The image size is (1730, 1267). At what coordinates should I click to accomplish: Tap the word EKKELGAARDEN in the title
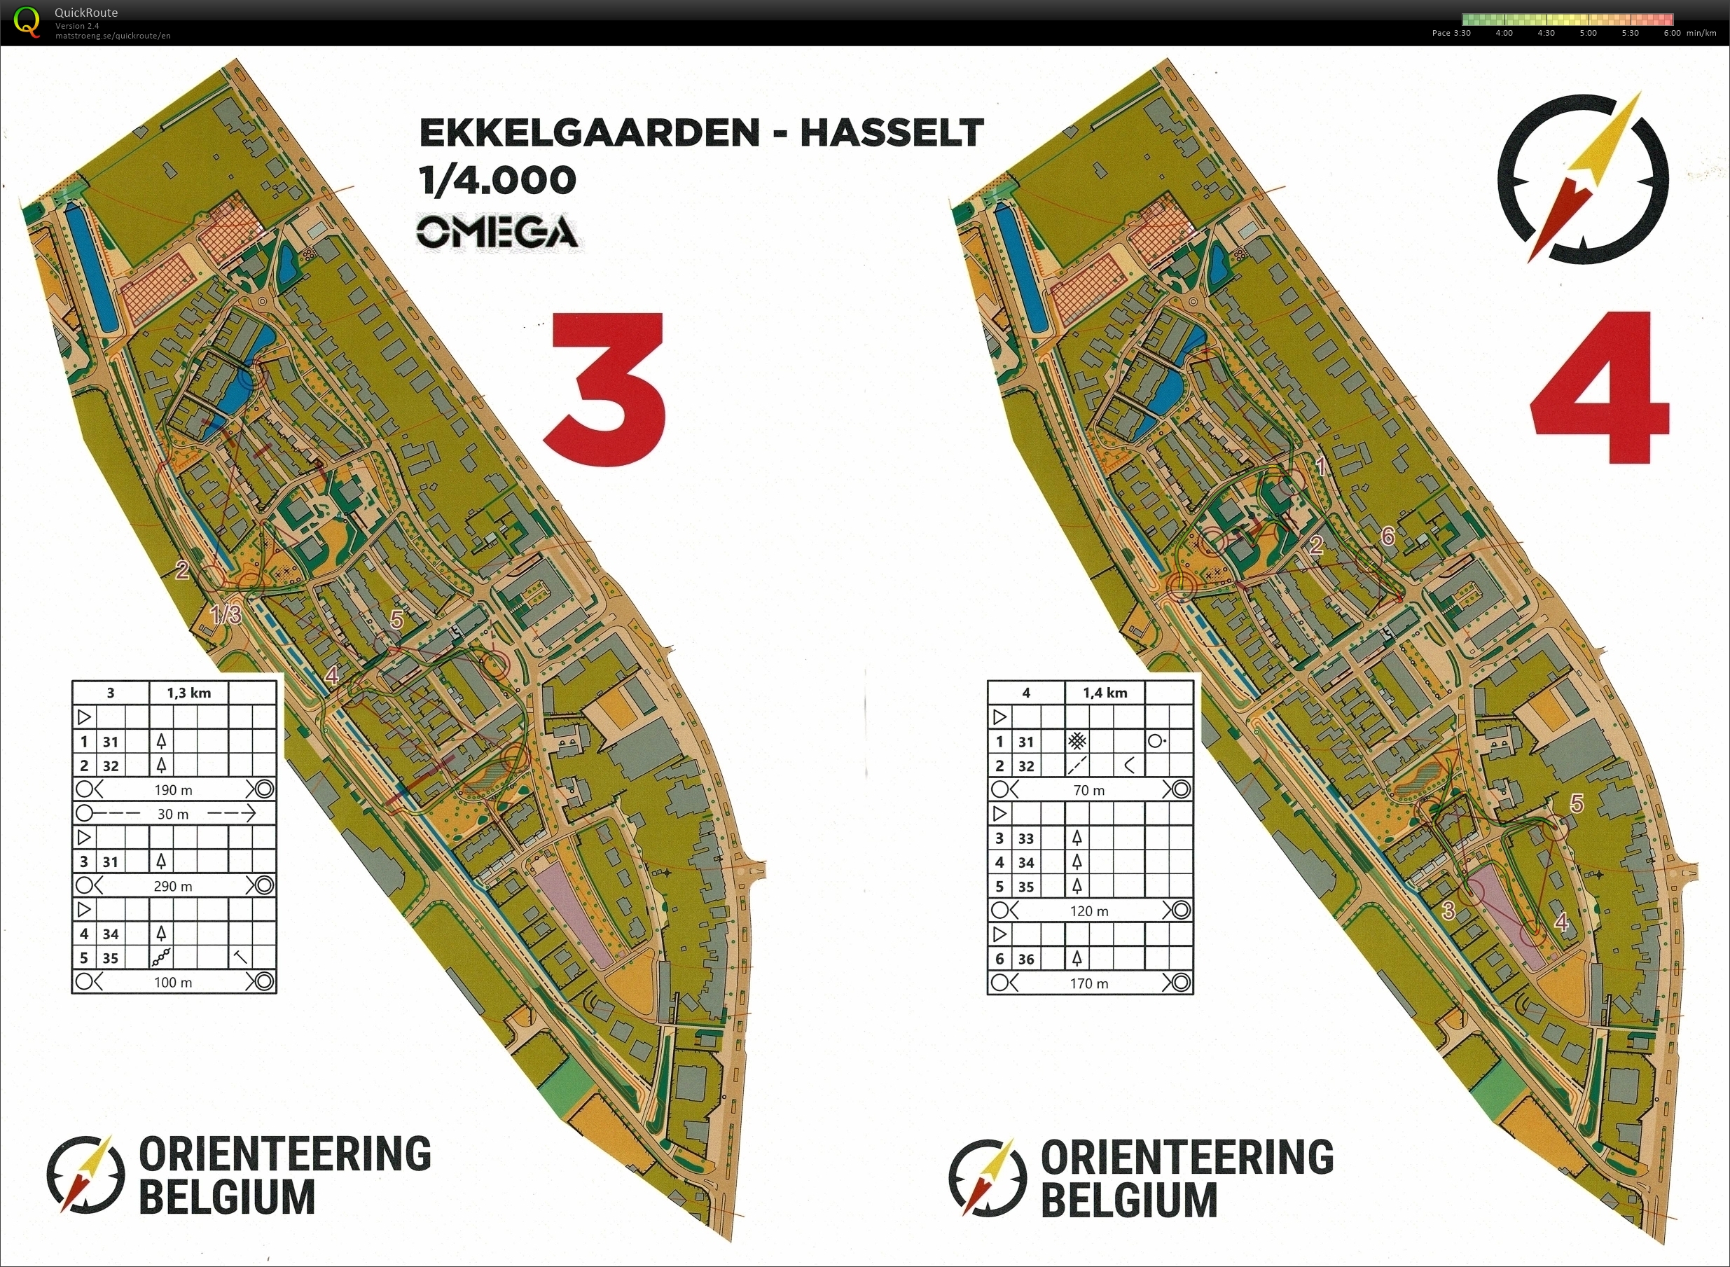pyautogui.click(x=589, y=134)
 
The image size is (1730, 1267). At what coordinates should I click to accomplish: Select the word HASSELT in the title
pyautogui.click(x=891, y=134)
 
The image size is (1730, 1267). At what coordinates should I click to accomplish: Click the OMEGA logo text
pyautogui.click(x=497, y=233)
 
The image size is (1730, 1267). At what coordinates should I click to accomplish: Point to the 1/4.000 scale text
pyautogui.click(x=497, y=181)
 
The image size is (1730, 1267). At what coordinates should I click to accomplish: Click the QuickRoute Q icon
pyautogui.click(x=27, y=21)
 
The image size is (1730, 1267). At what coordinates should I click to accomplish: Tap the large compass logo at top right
pyautogui.click(x=1583, y=179)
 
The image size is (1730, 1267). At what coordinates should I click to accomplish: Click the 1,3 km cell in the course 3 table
pyautogui.click(x=188, y=693)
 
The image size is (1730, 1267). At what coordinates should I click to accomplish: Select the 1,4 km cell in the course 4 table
pyautogui.click(x=1105, y=693)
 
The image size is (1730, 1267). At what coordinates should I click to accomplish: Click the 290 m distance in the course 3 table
pyautogui.click(x=173, y=887)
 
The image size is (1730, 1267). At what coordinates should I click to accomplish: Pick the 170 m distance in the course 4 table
pyautogui.click(x=1089, y=983)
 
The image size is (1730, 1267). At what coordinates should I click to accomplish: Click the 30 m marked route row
pyautogui.click(x=173, y=814)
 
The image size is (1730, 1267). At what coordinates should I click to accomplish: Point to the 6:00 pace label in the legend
pyautogui.click(x=1673, y=33)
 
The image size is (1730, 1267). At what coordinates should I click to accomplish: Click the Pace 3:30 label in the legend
pyautogui.click(x=1451, y=33)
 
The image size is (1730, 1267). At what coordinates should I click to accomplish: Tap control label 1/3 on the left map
pyautogui.click(x=226, y=614)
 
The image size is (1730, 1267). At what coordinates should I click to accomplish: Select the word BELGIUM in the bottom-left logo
pyautogui.click(x=227, y=1198)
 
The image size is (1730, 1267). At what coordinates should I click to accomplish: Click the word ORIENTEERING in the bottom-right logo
pyautogui.click(x=1187, y=1156)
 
